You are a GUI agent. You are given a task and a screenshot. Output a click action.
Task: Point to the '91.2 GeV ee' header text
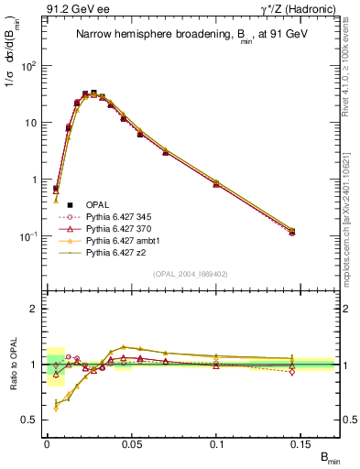click(73, 8)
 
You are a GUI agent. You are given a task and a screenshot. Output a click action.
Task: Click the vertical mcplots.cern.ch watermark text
click(352, 183)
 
